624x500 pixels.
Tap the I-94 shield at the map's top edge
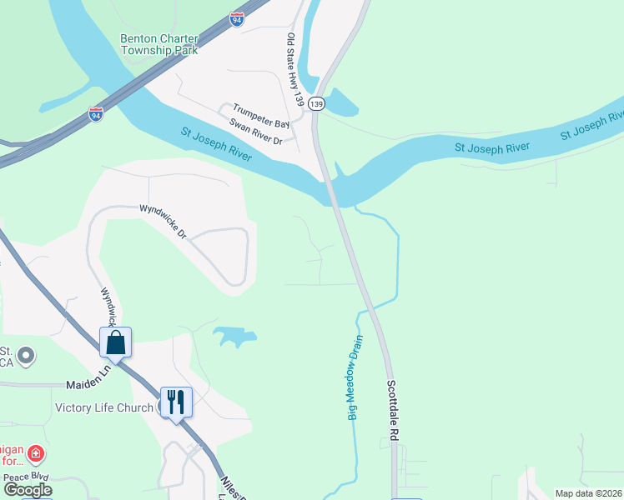[x=238, y=18]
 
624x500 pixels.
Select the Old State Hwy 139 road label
[x=294, y=69]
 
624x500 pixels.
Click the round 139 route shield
[x=315, y=103]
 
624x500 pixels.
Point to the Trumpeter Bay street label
[x=261, y=116]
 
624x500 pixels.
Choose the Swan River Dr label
[x=255, y=132]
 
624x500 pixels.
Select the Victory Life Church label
[x=104, y=407]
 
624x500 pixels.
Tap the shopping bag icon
[x=116, y=342]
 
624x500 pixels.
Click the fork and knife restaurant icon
[x=176, y=402]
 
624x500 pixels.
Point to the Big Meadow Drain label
[x=357, y=377]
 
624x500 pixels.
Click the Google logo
[x=28, y=490]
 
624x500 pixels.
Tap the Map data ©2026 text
[x=588, y=493]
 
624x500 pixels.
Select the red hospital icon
[x=36, y=454]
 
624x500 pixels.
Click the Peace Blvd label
[x=28, y=477]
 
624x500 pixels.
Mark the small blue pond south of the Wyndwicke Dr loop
[x=234, y=337]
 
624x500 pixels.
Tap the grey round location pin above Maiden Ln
[x=27, y=356]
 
